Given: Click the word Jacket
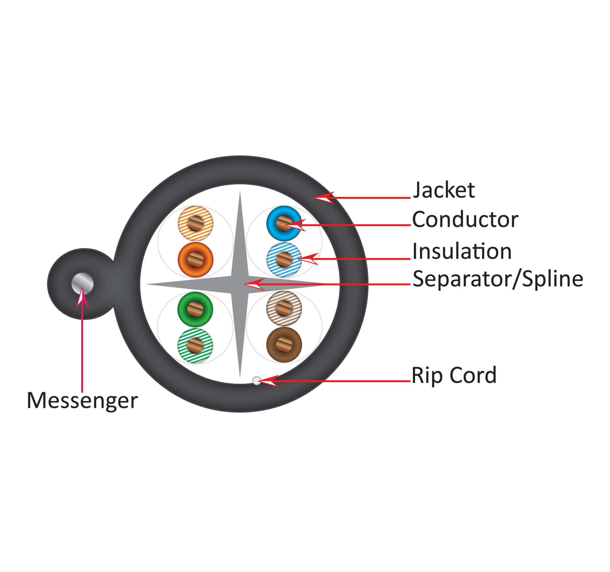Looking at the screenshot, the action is click(x=444, y=191).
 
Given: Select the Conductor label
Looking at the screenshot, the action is click(x=465, y=220).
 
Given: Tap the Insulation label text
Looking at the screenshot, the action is click(x=462, y=251).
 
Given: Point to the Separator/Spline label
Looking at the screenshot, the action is click(x=498, y=279).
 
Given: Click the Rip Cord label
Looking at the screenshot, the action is click(x=454, y=375).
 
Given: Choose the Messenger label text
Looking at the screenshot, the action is click(x=82, y=401).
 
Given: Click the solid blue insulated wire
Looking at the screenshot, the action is click(x=284, y=223).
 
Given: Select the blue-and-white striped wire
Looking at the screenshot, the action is click(x=284, y=259).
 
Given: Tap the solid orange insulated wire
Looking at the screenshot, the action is click(x=195, y=259).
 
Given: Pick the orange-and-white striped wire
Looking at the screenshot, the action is click(x=195, y=223).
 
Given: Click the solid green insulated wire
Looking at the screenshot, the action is click(x=195, y=309).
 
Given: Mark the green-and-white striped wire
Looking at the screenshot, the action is click(x=195, y=346).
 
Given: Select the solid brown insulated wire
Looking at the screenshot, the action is click(x=284, y=345).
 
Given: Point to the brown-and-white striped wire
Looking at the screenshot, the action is click(x=284, y=308).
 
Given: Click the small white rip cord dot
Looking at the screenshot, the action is click(x=256, y=381).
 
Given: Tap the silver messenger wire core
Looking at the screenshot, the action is click(x=83, y=284).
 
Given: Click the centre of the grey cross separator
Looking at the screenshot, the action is click(x=240, y=285).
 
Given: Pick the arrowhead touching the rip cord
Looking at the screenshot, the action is click(x=268, y=381).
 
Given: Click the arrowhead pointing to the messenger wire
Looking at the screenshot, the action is click(x=82, y=297).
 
